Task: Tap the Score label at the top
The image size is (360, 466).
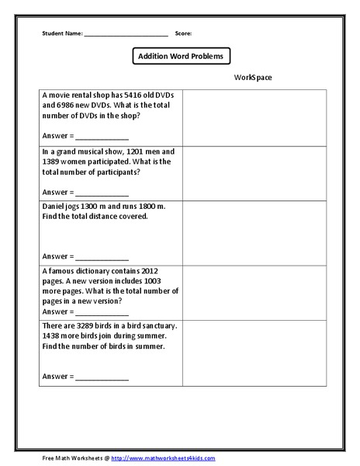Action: click(183, 34)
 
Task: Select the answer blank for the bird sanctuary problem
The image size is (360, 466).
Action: click(102, 378)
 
